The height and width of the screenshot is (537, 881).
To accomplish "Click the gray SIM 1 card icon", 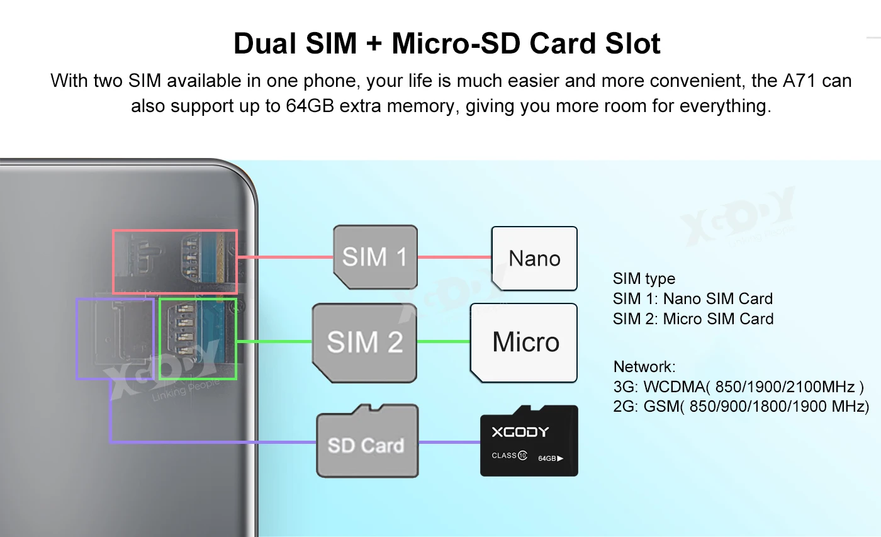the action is tap(375, 257).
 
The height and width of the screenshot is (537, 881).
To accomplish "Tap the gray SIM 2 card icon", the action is tap(364, 342).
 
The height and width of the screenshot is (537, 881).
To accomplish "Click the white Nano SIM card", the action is tap(534, 258).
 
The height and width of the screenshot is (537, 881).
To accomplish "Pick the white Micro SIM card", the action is tap(524, 342).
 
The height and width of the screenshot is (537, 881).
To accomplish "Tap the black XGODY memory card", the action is tap(529, 441).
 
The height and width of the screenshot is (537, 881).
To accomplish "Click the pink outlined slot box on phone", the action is tap(175, 261).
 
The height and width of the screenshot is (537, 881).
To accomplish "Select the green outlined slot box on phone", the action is tap(198, 339).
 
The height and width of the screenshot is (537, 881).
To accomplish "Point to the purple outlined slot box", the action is tap(115, 339).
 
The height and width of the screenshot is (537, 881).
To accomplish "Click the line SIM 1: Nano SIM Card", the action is tap(692, 298).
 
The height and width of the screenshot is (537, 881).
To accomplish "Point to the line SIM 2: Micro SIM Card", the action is tap(693, 319).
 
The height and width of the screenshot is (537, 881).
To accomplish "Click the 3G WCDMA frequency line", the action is tap(738, 387).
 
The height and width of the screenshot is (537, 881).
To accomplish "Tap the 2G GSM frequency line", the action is tap(741, 406).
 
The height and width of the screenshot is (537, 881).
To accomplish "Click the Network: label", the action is tap(644, 366).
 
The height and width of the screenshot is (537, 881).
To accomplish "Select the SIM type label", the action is tap(644, 278).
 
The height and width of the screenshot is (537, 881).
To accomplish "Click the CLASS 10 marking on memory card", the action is tap(509, 455).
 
